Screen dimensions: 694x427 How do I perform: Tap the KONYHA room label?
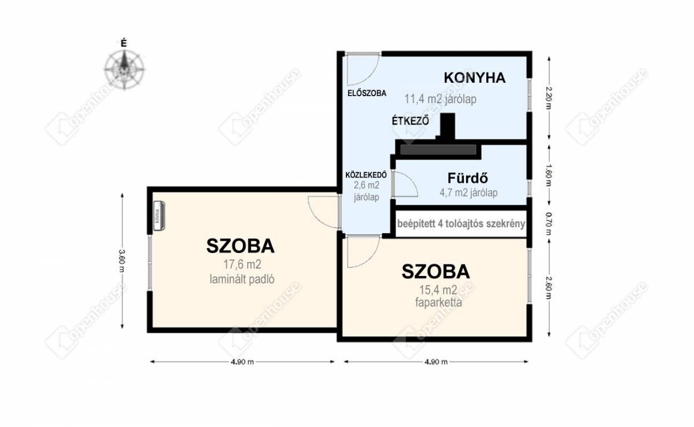(475, 78)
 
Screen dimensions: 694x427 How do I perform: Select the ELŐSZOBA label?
(367, 93)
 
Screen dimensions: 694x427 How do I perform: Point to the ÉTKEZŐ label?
(411, 120)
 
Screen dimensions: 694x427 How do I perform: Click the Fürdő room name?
(468, 178)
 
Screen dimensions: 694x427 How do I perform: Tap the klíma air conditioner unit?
(159, 216)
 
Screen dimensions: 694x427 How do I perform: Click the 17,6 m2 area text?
(242, 264)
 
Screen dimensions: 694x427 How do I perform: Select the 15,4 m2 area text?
(438, 290)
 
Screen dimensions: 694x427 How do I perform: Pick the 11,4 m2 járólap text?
(440, 99)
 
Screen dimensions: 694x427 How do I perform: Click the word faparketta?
(438, 303)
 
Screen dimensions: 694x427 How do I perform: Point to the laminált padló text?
(242, 279)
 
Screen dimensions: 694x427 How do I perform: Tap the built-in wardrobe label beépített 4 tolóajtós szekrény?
(461, 224)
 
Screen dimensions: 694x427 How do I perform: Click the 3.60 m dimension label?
(122, 261)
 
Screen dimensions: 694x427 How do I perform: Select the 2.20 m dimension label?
(549, 98)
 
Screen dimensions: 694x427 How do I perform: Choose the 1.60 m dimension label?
(549, 175)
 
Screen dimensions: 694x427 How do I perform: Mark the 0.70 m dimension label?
(549, 224)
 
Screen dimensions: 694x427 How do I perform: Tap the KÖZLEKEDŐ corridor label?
(366, 175)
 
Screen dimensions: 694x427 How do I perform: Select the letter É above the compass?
(124, 44)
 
